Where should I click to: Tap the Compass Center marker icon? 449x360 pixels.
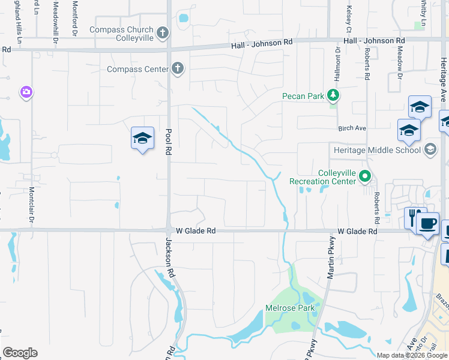tap(177, 69)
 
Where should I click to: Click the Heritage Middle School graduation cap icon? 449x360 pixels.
tap(430, 149)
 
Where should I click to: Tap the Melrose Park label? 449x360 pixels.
tap(290, 308)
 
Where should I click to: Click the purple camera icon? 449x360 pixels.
tap(26, 92)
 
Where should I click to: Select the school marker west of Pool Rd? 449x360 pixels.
tap(142, 139)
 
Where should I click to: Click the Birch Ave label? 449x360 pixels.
tap(352, 128)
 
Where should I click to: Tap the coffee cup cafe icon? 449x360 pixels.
tap(427, 223)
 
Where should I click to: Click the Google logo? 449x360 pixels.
tap(20, 353)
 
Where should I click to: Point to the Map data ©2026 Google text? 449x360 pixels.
tap(412, 355)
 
